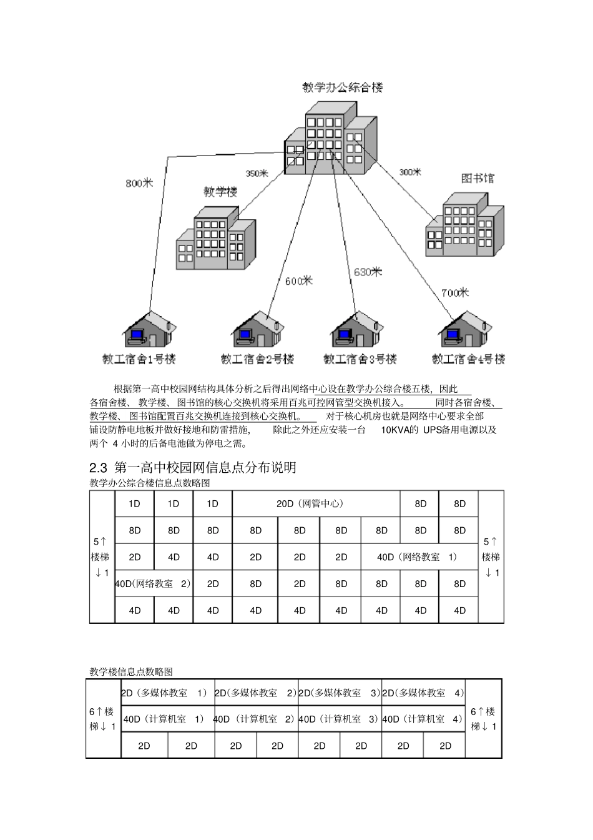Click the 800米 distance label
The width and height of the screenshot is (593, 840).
(139, 183)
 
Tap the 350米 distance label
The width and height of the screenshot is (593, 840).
(257, 173)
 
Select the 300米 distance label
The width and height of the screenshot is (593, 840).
(409, 172)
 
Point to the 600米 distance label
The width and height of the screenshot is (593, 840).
(298, 281)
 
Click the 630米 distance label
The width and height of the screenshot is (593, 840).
(368, 272)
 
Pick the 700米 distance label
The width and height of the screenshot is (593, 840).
(454, 292)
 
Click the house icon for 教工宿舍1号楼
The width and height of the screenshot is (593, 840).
(148, 329)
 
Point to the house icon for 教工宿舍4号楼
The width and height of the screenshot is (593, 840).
(463, 329)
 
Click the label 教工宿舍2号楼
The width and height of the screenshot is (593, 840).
(257, 359)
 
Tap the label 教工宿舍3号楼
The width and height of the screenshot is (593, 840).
(360, 359)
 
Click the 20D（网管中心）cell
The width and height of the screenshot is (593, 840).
(315, 503)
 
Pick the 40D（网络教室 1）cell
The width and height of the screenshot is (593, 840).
(419, 556)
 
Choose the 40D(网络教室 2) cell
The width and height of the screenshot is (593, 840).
(154, 583)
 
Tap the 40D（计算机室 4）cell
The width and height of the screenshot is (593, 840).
(423, 719)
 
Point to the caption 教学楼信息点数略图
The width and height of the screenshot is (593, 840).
(131, 671)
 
